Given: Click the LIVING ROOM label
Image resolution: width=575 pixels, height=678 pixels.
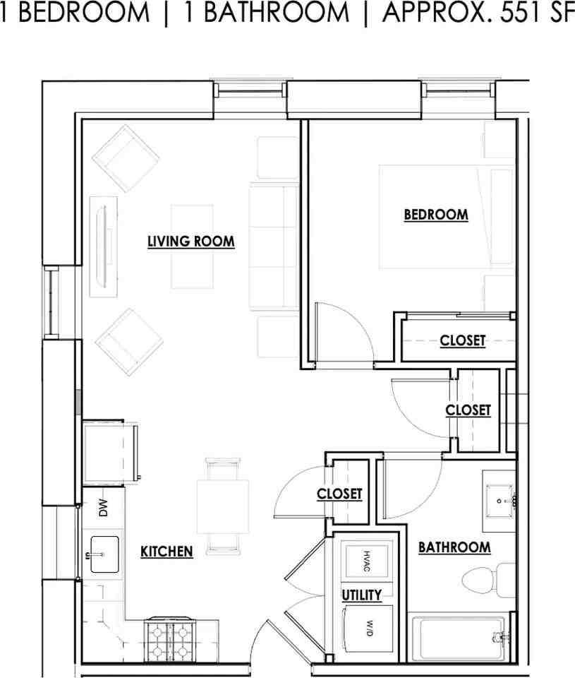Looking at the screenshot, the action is [191, 242].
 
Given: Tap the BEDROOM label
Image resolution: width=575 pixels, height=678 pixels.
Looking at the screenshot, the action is [436, 215].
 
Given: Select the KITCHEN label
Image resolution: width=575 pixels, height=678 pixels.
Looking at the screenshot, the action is [167, 552].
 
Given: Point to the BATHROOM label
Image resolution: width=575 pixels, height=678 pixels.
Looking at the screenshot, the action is [454, 547].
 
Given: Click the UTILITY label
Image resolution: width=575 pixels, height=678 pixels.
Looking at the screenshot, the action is [362, 595].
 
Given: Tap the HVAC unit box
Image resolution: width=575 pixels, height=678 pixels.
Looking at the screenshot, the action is [366, 561].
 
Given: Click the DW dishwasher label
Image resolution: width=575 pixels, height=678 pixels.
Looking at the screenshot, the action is [103, 508].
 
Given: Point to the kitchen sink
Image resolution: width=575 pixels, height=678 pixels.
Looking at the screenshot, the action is [104, 555].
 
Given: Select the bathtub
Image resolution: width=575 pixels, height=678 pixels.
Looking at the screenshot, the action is [460, 638].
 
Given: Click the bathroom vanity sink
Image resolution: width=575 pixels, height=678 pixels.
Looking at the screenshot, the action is [500, 501].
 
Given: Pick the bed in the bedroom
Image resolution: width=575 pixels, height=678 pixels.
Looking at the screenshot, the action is [447, 217].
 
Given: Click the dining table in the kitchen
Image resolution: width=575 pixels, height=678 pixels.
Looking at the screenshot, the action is [223, 506].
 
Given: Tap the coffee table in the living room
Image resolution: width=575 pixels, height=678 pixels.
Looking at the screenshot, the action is [192, 246].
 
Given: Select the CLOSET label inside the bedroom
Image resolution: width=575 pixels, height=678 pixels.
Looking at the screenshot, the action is [463, 340].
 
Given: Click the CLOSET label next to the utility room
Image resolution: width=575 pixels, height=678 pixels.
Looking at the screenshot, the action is [339, 494].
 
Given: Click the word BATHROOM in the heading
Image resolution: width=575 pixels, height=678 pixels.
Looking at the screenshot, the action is [276, 13].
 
